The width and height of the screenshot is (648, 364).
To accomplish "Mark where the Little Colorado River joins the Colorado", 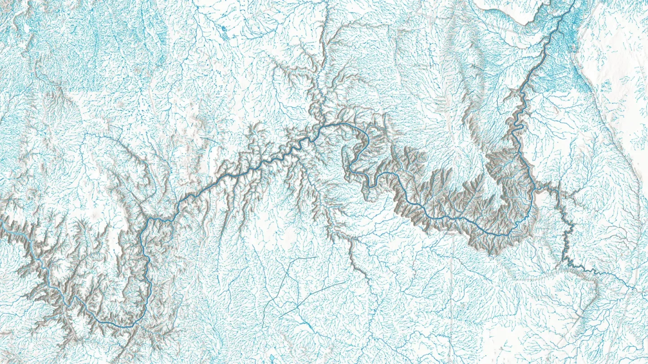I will tap(534, 191).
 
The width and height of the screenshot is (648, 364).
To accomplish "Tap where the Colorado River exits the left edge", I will tap(1, 221).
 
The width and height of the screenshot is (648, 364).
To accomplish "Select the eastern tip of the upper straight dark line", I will tap(317, 257).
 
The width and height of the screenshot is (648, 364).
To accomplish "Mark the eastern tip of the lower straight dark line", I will tap(344, 283).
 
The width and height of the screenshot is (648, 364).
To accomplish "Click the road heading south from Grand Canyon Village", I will tap(451, 279).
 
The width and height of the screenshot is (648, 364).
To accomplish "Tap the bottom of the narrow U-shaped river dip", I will tap(370, 184).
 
